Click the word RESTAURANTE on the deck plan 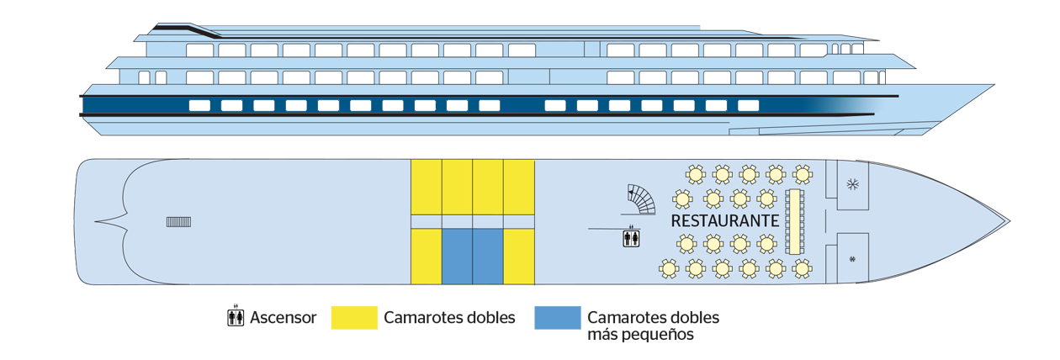point(724,220)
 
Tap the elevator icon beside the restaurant point(631,239)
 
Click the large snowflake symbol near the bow point(852,184)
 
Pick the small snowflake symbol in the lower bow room point(853,258)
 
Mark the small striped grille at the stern point(178,222)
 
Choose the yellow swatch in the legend point(352,320)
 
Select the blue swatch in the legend point(554,320)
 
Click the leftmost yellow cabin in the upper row point(426,186)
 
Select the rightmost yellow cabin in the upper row point(519,186)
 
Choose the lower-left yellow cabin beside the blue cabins point(426,257)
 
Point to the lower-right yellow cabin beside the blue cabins point(519,257)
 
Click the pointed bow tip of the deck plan point(1006,221)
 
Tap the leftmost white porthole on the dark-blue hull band point(199,106)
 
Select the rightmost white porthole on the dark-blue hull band point(748,106)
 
